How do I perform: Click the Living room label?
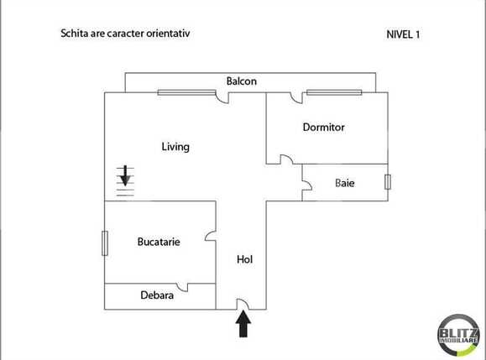(175, 147)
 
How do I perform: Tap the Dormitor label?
(324, 128)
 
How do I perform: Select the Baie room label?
(344, 183)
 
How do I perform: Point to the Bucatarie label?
(159, 242)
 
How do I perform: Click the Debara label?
(157, 295)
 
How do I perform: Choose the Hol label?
(244, 260)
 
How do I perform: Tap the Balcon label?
(241, 81)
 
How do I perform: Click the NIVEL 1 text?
(403, 34)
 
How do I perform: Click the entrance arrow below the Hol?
(243, 324)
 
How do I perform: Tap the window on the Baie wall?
(388, 182)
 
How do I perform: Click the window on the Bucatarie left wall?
(104, 243)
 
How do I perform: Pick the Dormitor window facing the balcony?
(333, 92)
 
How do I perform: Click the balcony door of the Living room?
(222, 97)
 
